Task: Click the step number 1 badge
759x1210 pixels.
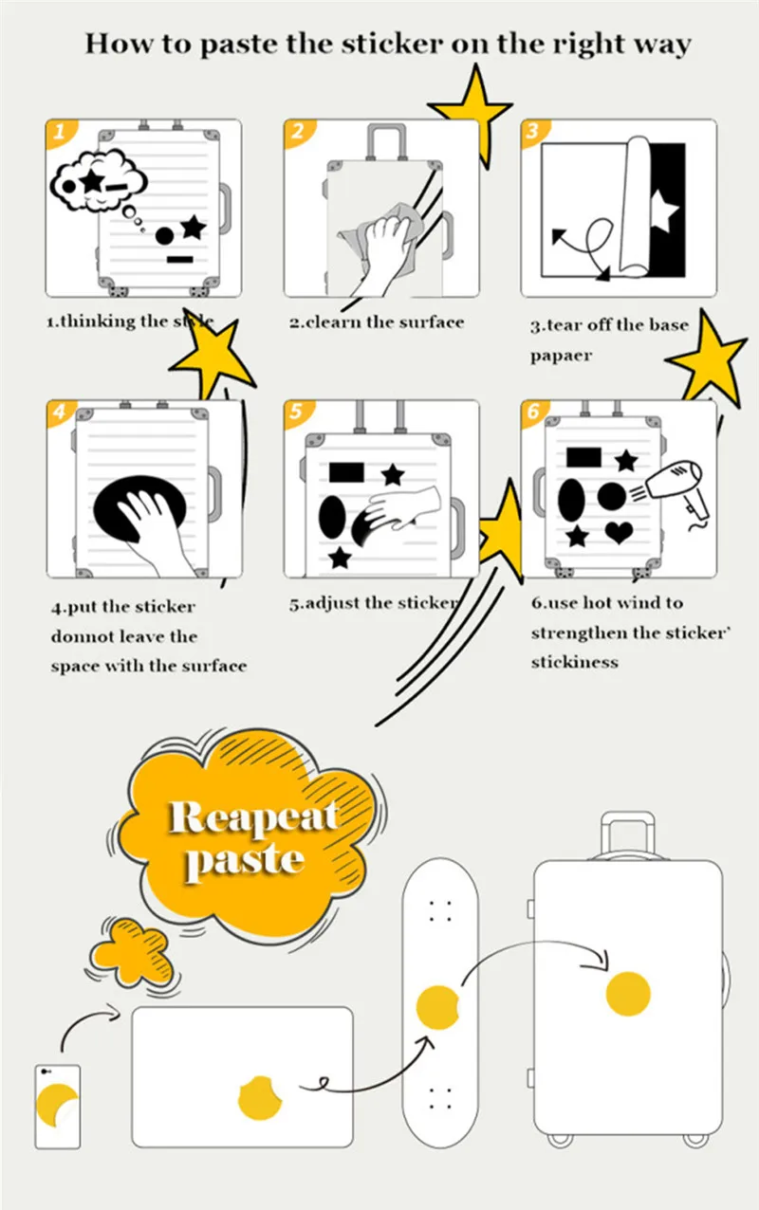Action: (58, 133)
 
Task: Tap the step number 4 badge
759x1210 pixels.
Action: (59, 412)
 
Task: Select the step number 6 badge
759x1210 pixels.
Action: (533, 412)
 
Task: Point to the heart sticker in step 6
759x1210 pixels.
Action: (620, 533)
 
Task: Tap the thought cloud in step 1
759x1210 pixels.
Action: (97, 178)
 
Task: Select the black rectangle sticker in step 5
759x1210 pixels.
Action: (346, 471)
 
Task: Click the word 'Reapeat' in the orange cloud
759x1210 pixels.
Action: (252, 817)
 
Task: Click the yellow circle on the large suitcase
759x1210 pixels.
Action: (628, 993)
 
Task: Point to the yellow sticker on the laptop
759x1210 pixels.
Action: (261, 1098)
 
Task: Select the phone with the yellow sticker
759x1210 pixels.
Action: (57, 1106)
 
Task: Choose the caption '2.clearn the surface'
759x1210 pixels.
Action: (377, 322)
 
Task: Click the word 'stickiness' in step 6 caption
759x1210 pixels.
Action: (574, 662)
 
